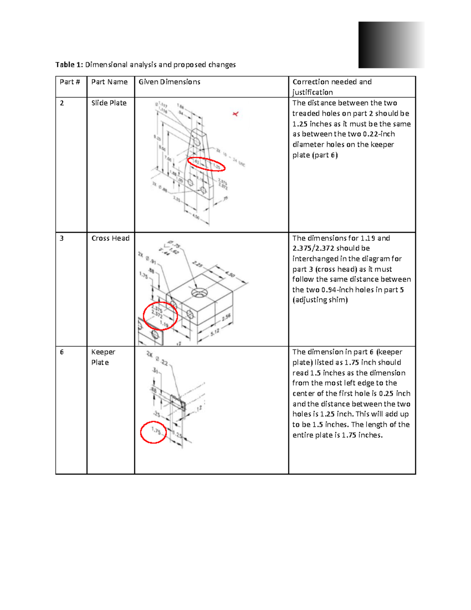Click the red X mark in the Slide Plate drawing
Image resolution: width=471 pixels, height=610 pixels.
coord(235,114)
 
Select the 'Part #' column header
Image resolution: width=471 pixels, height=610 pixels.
coord(70,82)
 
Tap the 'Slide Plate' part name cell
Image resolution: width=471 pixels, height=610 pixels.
coord(109,103)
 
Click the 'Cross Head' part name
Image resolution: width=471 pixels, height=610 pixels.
coord(110,238)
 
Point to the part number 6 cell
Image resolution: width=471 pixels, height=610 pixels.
coord(62,352)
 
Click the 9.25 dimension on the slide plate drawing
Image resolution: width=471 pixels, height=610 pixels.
coord(157,138)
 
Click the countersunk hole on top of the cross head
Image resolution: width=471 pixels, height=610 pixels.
coord(199,293)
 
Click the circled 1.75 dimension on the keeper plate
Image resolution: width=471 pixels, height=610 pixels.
coord(156,431)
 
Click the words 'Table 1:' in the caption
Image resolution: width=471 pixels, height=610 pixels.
coord(69,65)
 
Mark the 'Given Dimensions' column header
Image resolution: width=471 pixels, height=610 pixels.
coord(169,82)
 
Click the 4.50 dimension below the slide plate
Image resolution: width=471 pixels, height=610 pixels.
coord(196,217)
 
